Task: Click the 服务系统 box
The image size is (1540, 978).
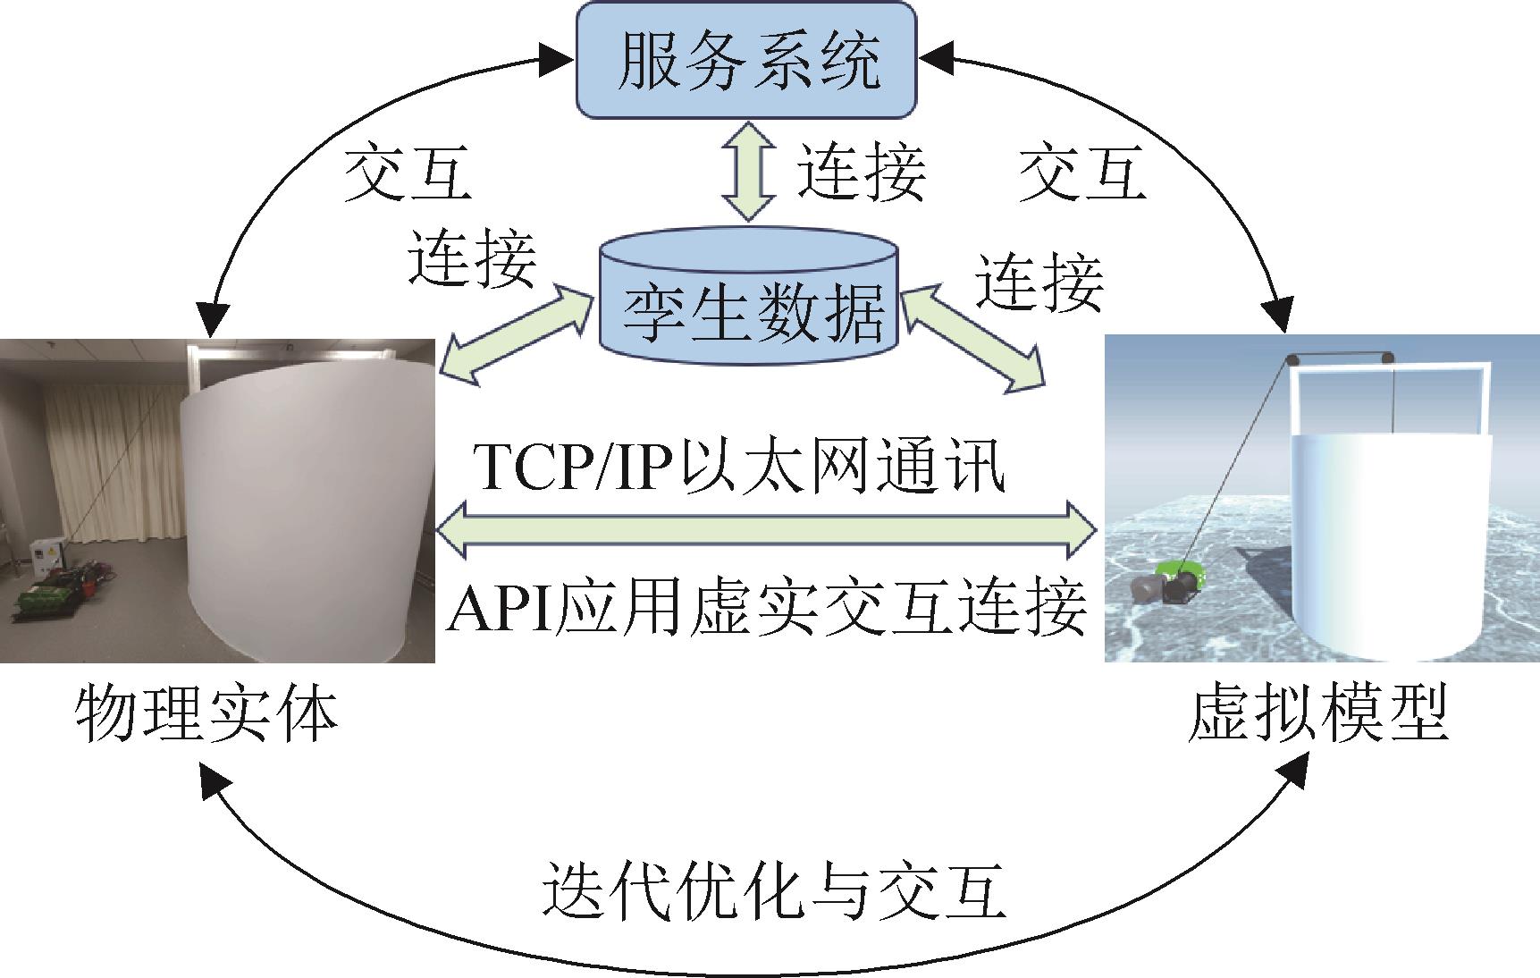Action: click(x=747, y=60)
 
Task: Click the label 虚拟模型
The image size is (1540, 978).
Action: click(x=1318, y=713)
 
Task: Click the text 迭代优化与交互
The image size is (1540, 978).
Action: click(x=774, y=891)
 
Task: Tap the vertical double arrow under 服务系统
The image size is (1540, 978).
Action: click(x=747, y=173)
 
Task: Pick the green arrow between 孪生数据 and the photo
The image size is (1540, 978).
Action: click(x=519, y=334)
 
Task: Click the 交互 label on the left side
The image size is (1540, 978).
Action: click(x=408, y=173)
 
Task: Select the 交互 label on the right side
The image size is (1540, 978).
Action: click(x=1082, y=173)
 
